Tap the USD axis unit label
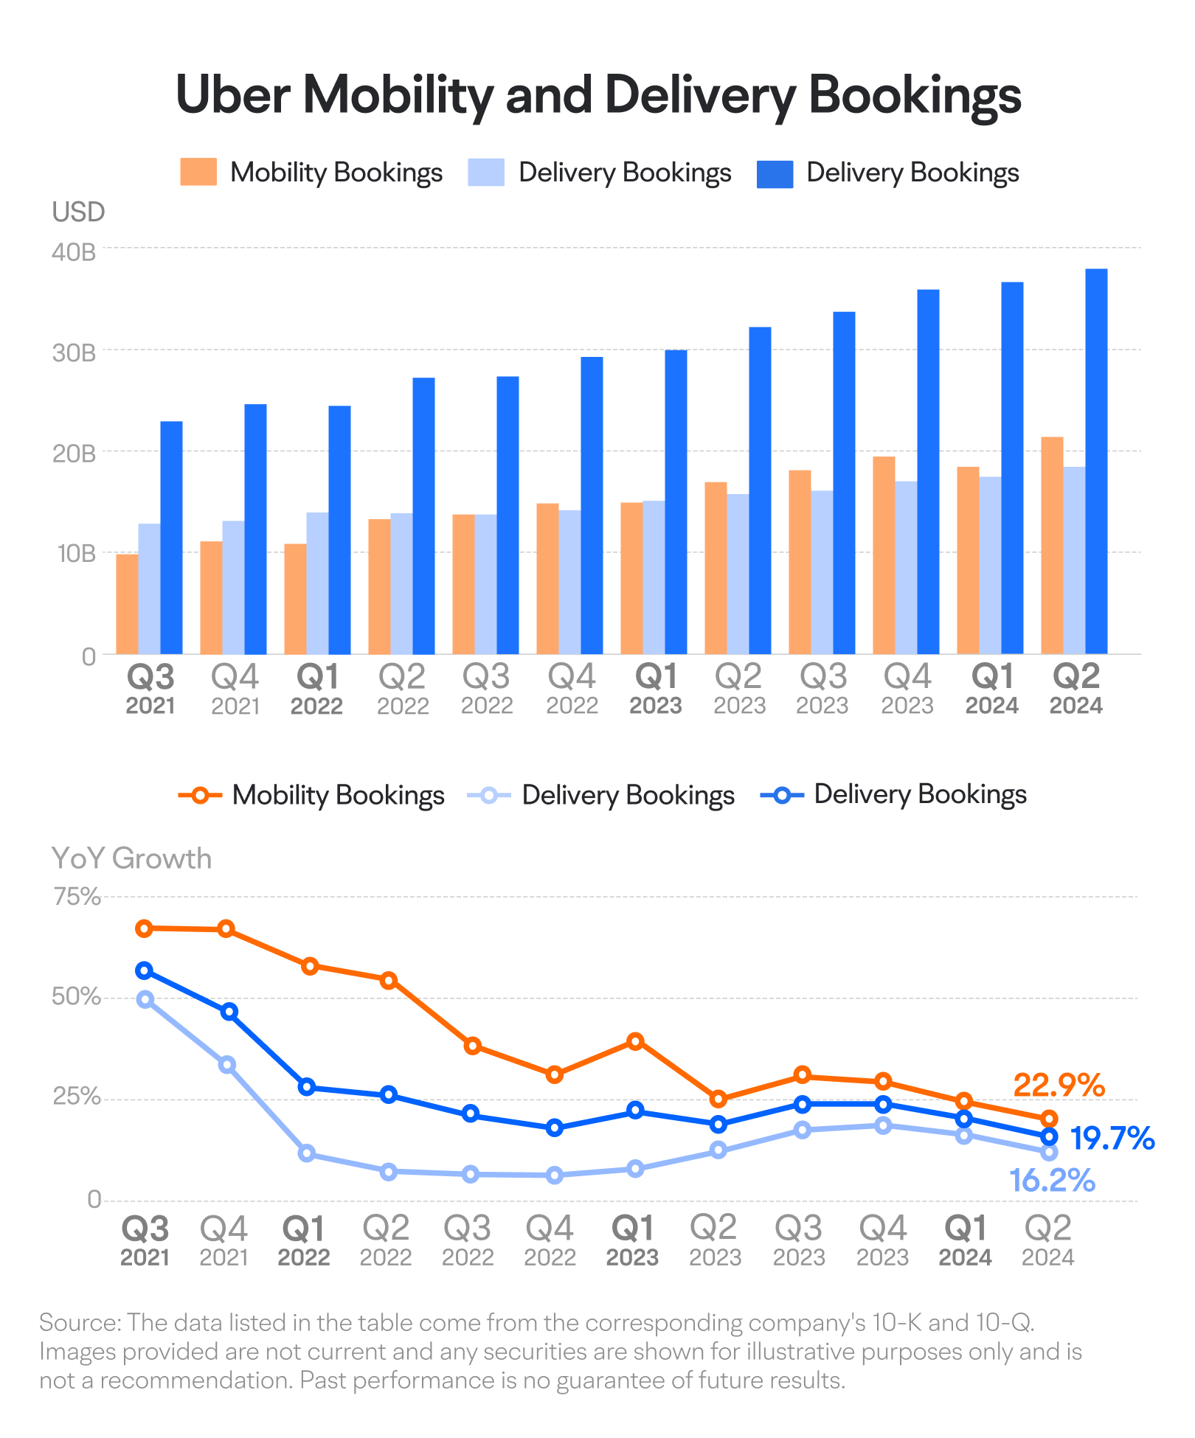(x=78, y=212)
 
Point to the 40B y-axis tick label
(x=74, y=252)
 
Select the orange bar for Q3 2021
(x=127, y=604)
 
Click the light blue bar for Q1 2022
(x=317, y=583)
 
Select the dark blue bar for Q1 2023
(x=676, y=501)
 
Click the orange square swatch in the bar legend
(x=198, y=173)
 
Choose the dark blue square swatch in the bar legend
(x=775, y=173)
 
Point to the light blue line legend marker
(x=489, y=796)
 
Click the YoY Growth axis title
(x=131, y=858)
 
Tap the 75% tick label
(x=77, y=897)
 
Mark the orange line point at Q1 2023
(x=635, y=1041)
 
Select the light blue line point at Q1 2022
(x=307, y=1153)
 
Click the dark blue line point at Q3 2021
(x=145, y=970)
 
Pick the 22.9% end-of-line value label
(x=1059, y=1086)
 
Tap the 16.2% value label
(x=1052, y=1181)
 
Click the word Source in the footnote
(x=80, y=1322)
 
